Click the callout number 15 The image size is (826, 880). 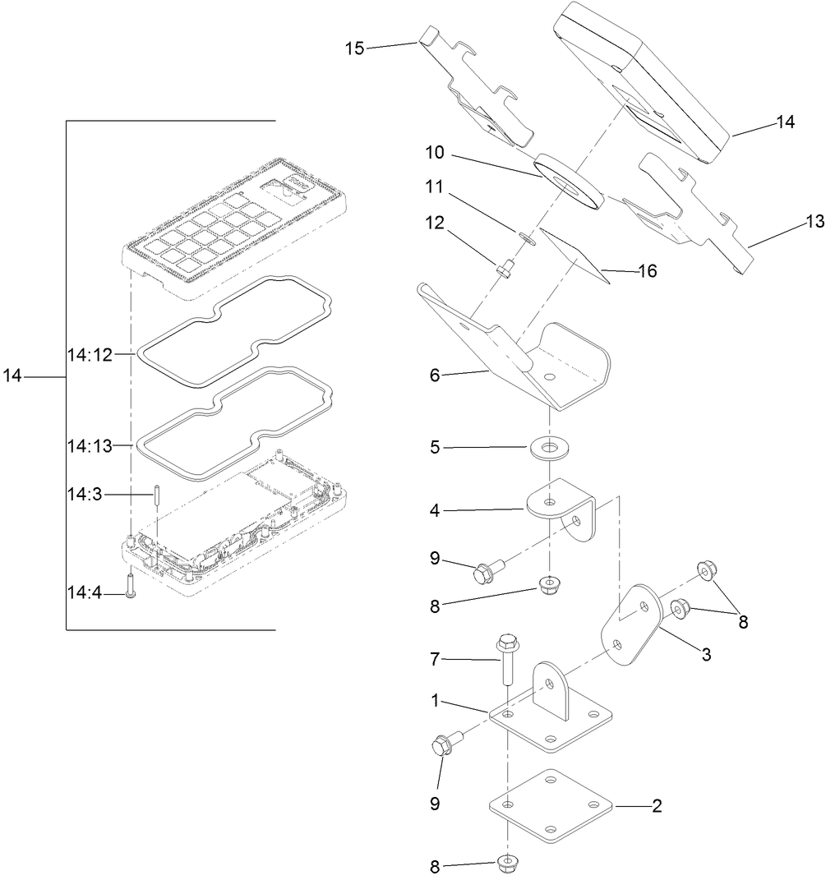pyautogui.click(x=354, y=48)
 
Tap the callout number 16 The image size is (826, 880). pyautogui.click(x=648, y=270)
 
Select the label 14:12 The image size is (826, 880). pyautogui.click(x=89, y=354)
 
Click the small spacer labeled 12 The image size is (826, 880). pyautogui.click(x=505, y=268)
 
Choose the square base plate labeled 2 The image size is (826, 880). pyautogui.click(x=551, y=807)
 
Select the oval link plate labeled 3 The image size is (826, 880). pyautogui.click(x=634, y=625)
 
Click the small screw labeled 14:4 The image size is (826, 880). pyautogui.click(x=130, y=586)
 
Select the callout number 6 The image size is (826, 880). pyautogui.click(x=435, y=375)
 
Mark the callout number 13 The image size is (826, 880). pyautogui.click(x=813, y=222)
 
